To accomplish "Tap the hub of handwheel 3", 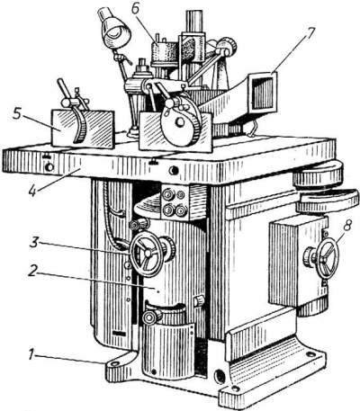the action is pos(148,253).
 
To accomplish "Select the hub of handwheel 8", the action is pos(327,258).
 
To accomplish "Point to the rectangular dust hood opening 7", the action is pos(263,92).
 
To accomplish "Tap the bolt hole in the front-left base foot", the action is pos(114,363).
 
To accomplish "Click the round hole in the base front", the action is pos(219,375).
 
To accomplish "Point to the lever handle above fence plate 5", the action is pos(63,90).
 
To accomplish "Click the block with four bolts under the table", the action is pos(175,201).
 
